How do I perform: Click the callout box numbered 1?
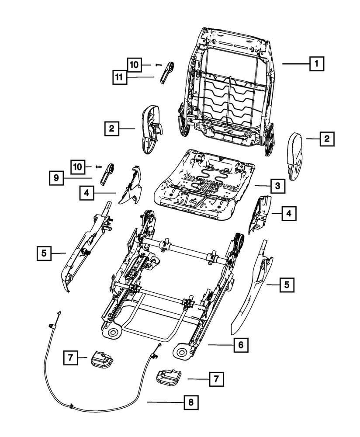tap(316, 64)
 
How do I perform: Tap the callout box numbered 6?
tap(240, 345)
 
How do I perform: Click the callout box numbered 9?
tap(56, 178)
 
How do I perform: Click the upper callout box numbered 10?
tap(135, 65)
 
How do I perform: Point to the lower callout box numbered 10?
tap(78, 166)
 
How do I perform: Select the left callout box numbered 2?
tap(112, 128)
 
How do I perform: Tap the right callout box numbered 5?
tap(287, 285)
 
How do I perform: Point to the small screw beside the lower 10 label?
tap(98, 166)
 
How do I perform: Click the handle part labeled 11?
tap(167, 72)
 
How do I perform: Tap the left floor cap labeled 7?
tap(101, 359)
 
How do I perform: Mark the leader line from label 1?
tap(295, 64)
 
